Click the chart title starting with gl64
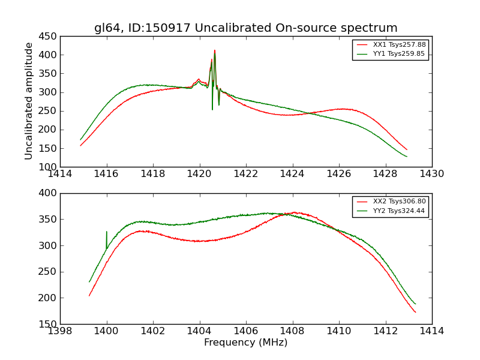[245, 28]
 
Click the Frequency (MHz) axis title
[245, 343]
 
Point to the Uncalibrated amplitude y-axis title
[29, 101]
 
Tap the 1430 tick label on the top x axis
[431, 174]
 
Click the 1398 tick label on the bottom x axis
[60, 331]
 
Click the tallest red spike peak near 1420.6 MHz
[214, 50]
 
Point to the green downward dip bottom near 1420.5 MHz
[212, 109]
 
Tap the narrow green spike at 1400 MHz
[107, 232]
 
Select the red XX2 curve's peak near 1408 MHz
[294, 212]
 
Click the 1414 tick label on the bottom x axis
[431, 331]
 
